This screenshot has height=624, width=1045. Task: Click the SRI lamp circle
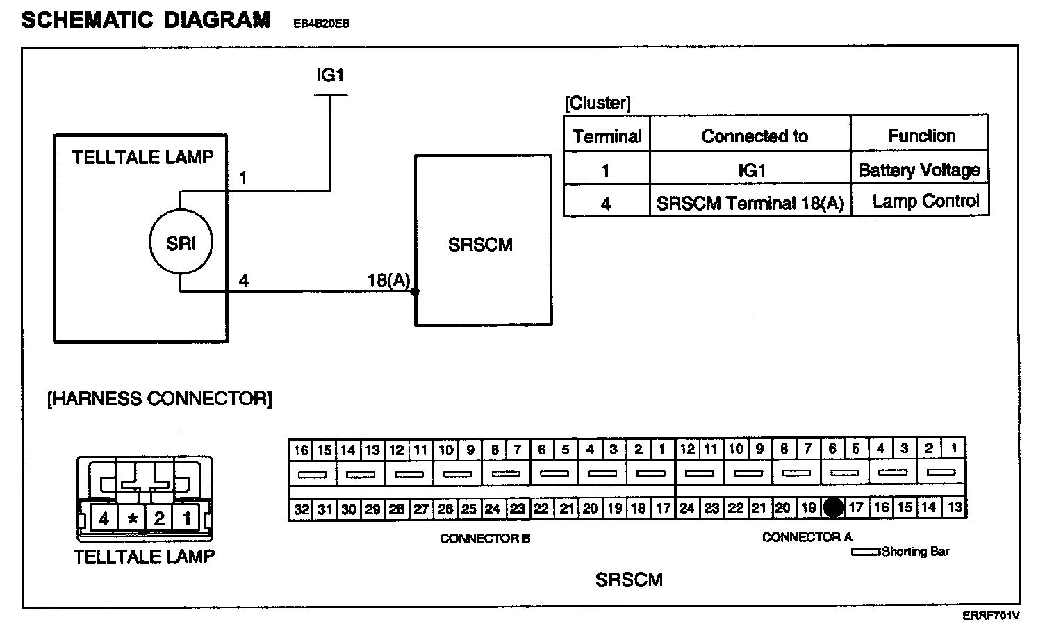tap(181, 243)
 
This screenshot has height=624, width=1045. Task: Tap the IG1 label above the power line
tap(330, 75)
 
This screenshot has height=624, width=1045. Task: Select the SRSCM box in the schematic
tap(483, 240)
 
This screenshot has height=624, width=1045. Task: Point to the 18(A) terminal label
tap(388, 280)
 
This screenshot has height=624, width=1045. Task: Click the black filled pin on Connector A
tap(833, 508)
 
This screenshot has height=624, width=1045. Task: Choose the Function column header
tap(921, 136)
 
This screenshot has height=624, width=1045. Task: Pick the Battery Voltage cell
tap(919, 170)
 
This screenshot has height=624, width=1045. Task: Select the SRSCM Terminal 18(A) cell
tap(750, 203)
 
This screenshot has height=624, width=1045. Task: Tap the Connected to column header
tap(754, 136)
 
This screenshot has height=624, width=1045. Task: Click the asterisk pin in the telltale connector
tap(132, 518)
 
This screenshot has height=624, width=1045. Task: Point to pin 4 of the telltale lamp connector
tap(104, 518)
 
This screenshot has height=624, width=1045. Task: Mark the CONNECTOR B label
tap(485, 538)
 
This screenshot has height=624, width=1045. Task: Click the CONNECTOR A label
tap(806, 537)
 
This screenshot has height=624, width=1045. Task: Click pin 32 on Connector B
tap(301, 509)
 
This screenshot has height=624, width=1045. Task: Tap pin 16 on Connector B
tap(300, 450)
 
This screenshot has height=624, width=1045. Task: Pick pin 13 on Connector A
tap(955, 507)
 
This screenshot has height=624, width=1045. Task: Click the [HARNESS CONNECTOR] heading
tap(159, 399)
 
